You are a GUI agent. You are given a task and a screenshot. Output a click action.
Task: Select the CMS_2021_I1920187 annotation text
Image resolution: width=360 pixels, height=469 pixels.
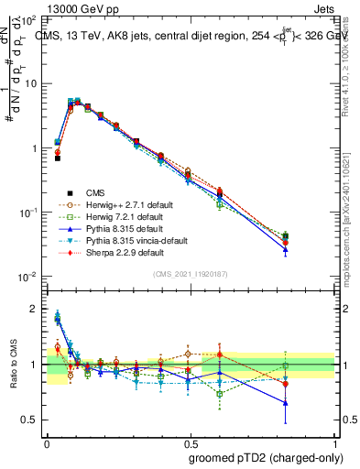pyautogui.click(x=191, y=272)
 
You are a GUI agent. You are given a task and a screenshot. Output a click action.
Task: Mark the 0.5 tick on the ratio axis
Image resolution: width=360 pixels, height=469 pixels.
pyautogui.click(x=34, y=420)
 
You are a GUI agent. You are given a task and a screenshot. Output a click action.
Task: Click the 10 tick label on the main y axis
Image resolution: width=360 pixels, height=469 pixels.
pyautogui.click(x=34, y=83)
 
